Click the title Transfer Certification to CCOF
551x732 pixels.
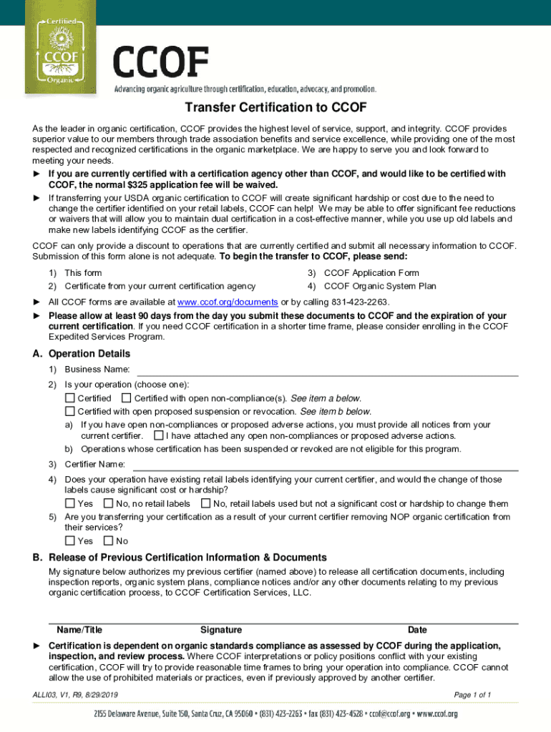(x=275, y=108)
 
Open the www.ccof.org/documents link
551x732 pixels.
(x=227, y=302)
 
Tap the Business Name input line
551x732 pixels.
(x=327, y=369)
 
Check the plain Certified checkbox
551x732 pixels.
(x=70, y=398)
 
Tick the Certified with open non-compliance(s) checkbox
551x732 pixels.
(x=127, y=398)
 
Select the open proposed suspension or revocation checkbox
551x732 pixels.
(x=70, y=411)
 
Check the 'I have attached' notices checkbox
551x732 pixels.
(x=158, y=435)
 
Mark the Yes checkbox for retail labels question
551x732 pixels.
(x=70, y=504)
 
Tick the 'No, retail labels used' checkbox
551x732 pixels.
(x=206, y=504)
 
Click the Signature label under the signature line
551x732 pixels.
(x=221, y=630)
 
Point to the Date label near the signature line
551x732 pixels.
(x=417, y=630)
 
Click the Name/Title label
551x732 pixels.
(x=79, y=630)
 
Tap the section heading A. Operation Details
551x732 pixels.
(x=82, y=354)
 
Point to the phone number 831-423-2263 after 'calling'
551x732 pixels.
(x=364, y=302)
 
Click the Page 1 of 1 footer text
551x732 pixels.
(x=472, y=695)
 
